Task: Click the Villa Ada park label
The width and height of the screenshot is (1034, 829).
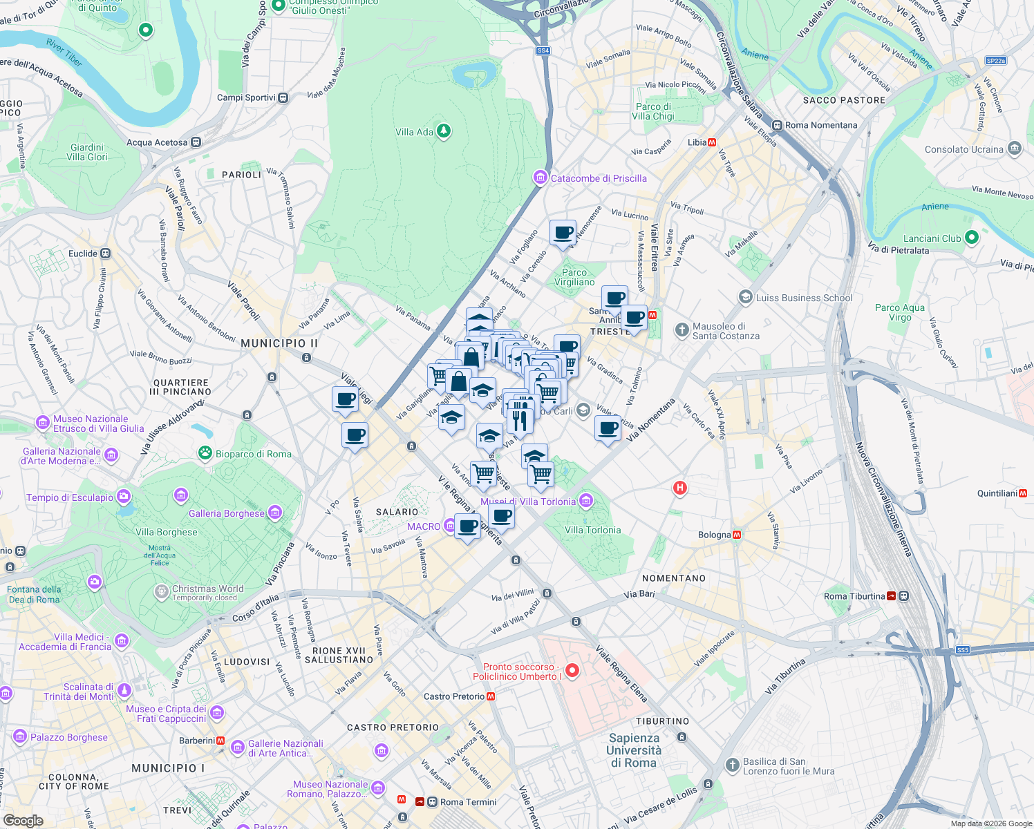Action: click(415, 132)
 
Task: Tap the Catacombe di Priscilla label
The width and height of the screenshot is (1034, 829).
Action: click(599, 178)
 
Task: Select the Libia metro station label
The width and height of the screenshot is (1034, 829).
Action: click(697, 142)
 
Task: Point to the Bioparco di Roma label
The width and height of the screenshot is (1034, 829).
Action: click(253, 454)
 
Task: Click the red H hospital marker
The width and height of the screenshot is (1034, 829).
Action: click(680, 488)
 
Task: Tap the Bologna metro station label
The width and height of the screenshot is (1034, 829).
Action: click(715, 535)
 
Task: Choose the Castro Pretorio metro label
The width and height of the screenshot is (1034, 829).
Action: click(454, 696)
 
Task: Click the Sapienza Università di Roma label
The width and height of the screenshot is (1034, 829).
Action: click(634, 750)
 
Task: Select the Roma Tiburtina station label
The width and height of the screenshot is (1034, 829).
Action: click(854, 596)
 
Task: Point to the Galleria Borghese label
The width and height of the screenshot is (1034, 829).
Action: click(227, 513)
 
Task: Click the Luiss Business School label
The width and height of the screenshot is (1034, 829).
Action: click(804, 298)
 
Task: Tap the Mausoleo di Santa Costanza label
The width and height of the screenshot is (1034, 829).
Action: click(726, 331)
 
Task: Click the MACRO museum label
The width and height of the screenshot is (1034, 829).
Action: click(424, 526)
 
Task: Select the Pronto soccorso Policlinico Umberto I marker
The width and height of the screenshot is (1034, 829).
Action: click(572, 671)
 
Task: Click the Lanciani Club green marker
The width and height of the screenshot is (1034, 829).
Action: click(971, 238)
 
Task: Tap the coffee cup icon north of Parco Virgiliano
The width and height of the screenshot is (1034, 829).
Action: click(563, 232)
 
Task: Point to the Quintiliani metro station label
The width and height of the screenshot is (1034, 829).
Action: click(997, 493)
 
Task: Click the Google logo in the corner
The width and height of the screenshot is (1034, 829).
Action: click(23, 820)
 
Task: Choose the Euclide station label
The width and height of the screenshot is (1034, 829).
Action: click(83, 254)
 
